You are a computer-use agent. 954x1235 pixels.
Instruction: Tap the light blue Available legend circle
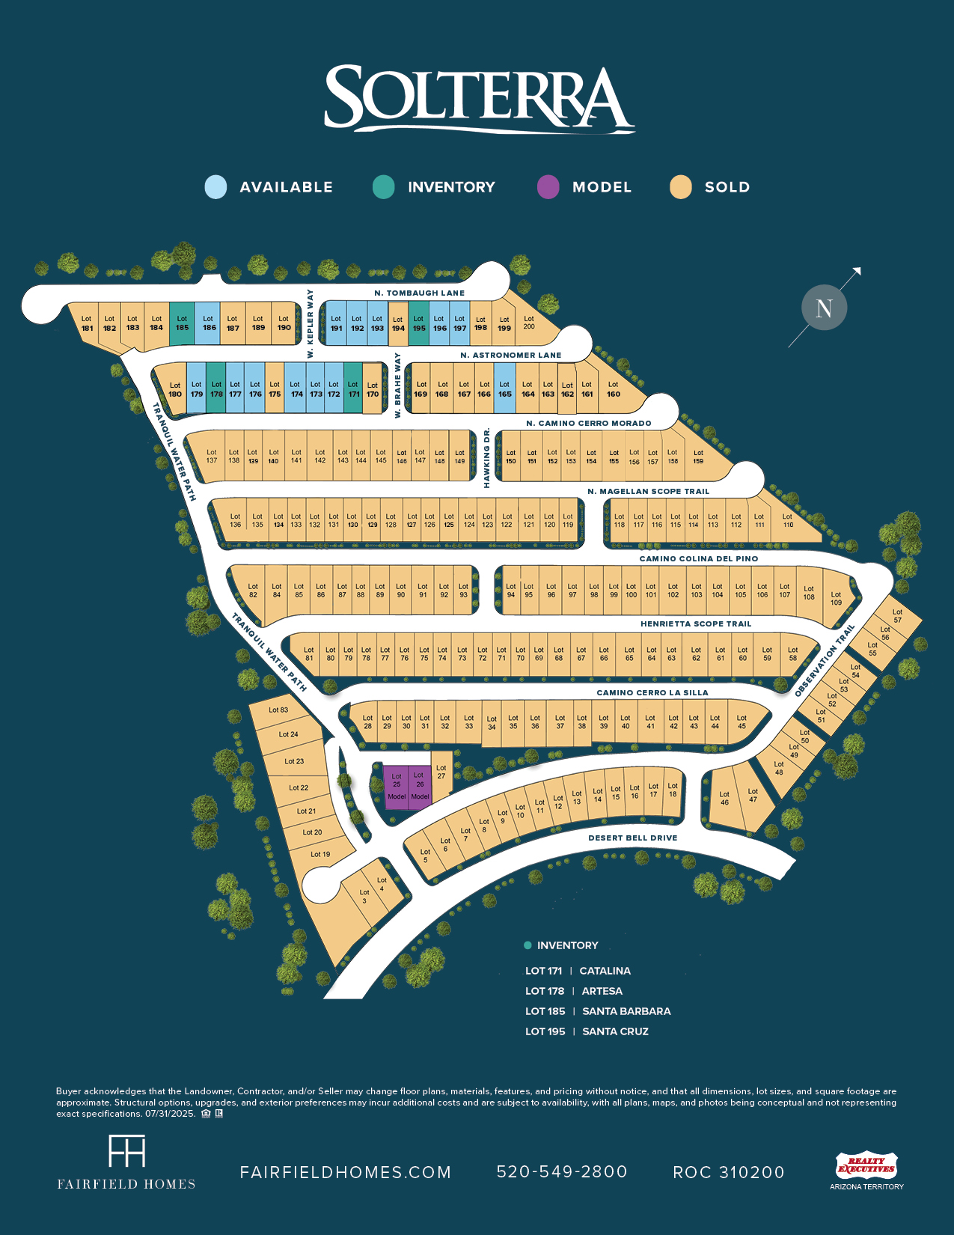coord(215,187)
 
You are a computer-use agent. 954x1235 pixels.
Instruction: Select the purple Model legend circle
coord(548,187)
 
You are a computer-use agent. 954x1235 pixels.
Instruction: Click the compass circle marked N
coord(824,308)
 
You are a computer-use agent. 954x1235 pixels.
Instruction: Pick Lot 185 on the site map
coord(182,323)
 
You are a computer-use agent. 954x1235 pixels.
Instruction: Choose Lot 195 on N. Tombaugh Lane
coord(419,323)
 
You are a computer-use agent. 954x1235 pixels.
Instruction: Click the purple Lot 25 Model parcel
coord(397,786)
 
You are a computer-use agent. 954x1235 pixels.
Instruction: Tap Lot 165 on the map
coord(504,389)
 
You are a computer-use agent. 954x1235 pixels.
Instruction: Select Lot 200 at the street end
coord(530,323)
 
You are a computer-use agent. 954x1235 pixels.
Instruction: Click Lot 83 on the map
coord(278,710)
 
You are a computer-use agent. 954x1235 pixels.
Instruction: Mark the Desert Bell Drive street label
coord(632,838)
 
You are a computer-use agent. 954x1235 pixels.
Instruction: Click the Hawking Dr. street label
coord(487,457)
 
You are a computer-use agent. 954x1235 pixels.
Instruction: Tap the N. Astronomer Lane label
coord(510,355)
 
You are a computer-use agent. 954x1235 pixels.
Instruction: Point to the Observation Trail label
coord(824,662)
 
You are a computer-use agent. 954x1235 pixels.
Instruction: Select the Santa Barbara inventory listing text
coord(626,1011)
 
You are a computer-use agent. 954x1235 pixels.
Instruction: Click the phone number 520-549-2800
coord(562,1172)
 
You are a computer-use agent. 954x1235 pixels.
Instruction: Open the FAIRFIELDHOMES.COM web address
coord(346,1172)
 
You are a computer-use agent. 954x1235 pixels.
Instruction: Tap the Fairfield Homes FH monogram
coord(127,1151)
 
